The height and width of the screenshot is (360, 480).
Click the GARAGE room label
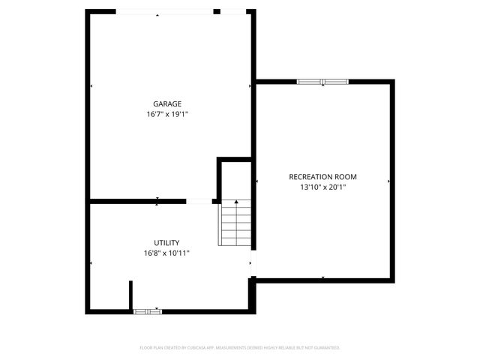point(167,104)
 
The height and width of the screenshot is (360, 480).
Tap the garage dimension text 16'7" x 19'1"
point(167,115)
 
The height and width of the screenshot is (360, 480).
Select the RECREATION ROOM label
point(322,177)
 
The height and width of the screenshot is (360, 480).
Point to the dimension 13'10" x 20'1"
point(322,187)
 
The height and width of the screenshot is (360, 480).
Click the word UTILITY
point(166,243)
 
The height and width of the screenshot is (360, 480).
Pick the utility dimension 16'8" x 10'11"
point(166,253)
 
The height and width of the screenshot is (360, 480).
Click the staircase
point(235,223)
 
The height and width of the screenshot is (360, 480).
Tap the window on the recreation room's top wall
point(322,81)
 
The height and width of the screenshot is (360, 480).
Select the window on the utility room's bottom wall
point(147,310)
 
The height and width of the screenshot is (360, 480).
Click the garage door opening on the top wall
point(164,11)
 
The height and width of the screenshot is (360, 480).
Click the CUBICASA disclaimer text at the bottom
point(240,348)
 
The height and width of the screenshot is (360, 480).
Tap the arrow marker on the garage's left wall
point(91,86)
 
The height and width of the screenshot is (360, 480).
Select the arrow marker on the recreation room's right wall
point(388,181)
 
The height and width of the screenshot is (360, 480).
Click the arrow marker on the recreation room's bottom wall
point(322,277)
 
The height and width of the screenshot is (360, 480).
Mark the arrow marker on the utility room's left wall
point(91,262)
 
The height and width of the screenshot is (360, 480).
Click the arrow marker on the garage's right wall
point(250,86)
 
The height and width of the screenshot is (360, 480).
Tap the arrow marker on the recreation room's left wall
point(257,181)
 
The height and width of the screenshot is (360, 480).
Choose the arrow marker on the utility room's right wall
point(250,262)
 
